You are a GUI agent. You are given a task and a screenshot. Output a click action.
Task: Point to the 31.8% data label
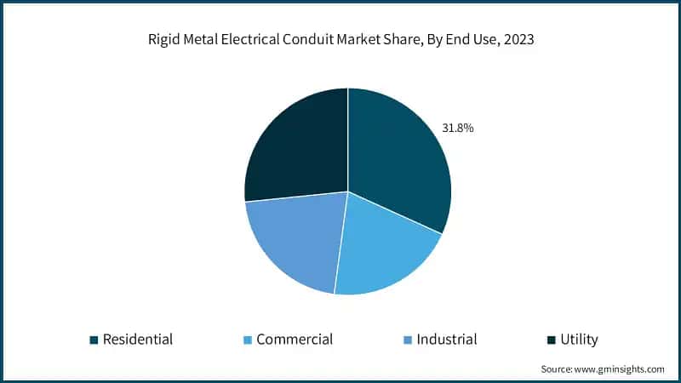(x=457, y=129)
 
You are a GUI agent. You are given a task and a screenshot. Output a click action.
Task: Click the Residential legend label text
(x=138, y=340)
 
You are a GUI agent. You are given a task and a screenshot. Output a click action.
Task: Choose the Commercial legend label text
(x=295, y=340)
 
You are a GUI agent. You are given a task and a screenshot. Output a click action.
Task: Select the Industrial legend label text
(x=447, y=340)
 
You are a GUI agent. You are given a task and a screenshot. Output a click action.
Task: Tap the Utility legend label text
(x=579, y=340)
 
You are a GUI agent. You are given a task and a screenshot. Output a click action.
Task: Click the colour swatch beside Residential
(x=94, y=340)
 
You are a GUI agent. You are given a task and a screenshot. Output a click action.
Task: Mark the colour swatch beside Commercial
(x=247, y=340)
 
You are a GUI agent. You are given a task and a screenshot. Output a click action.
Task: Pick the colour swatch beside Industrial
(x=408, y=340)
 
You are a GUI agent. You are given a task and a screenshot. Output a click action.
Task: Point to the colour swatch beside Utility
(x=551, y=340)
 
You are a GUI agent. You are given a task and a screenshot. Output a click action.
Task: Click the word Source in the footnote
(x=557, y=369)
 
